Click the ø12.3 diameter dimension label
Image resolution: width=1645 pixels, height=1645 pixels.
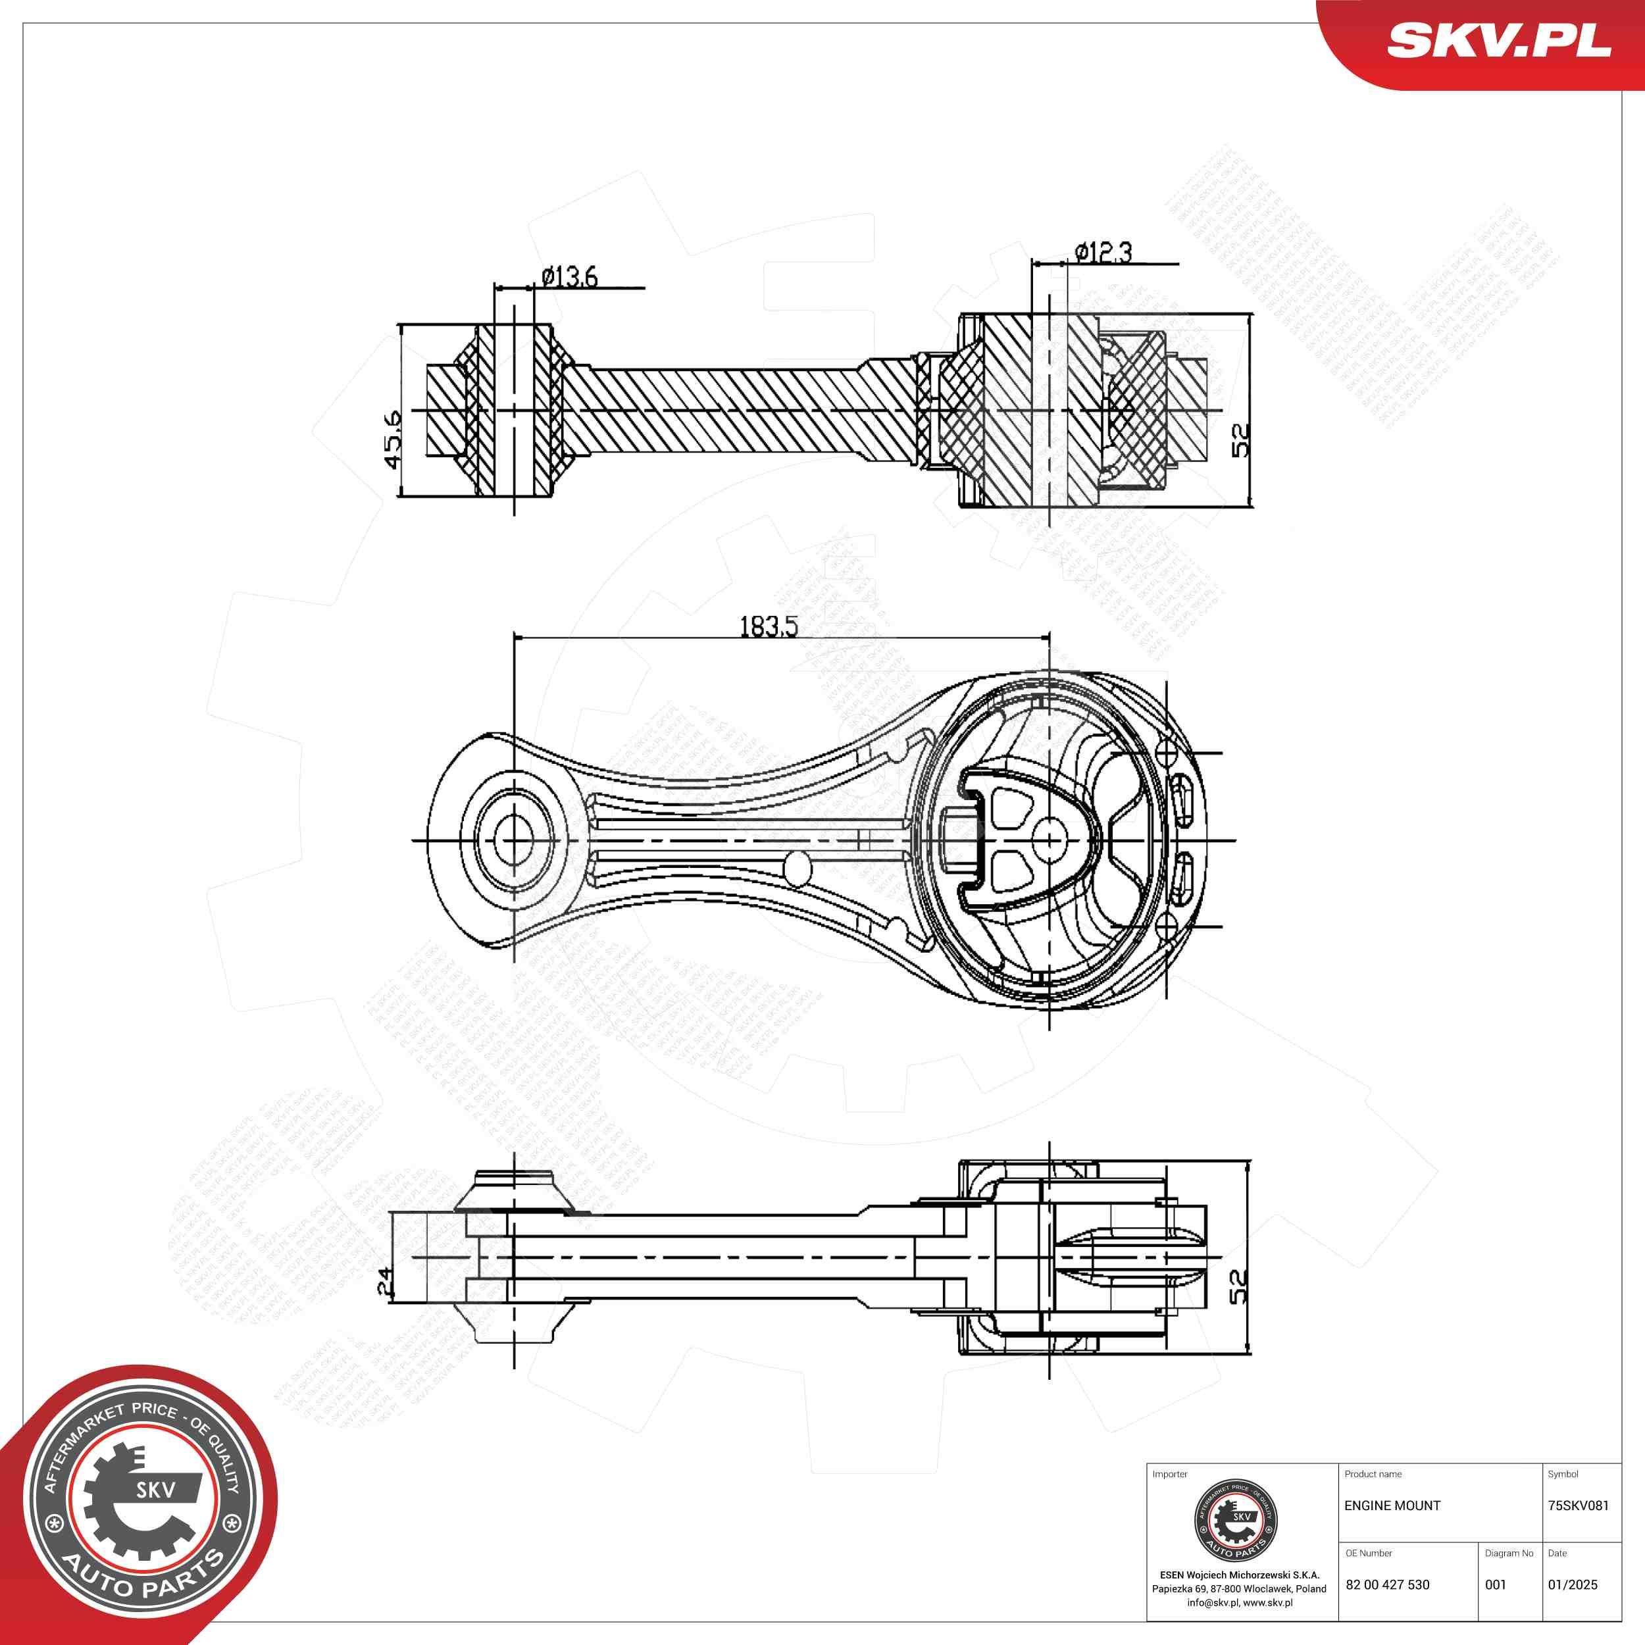(1103, 252)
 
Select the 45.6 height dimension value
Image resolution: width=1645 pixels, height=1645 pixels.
(393, 440)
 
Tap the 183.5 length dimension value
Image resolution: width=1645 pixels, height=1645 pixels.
(769, 626)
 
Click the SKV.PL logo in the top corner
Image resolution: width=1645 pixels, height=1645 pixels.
(1498, 41)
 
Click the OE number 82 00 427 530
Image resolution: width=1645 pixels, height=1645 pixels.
(1387, 1584)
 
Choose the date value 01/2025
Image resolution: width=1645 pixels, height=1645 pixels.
(1573, 1584)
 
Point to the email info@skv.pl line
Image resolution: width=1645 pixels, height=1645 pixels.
(1239, 1602)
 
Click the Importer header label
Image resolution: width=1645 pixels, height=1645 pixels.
(1169, 1474)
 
